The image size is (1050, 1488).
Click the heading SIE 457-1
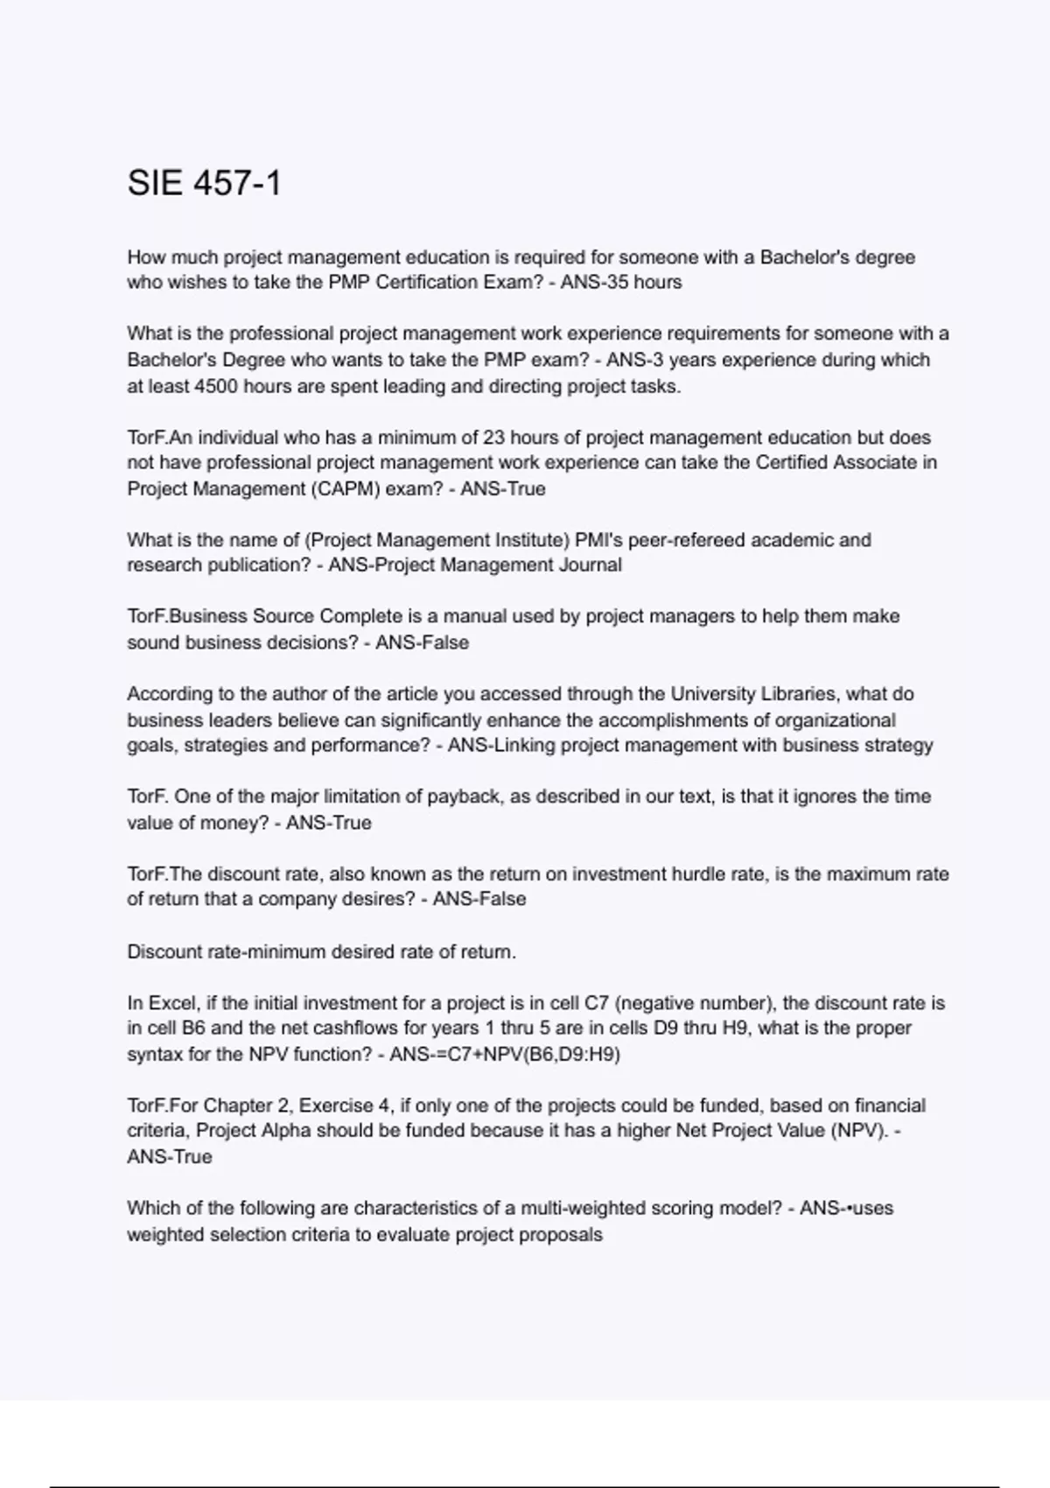pyautogui.click(x=204, y=184)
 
